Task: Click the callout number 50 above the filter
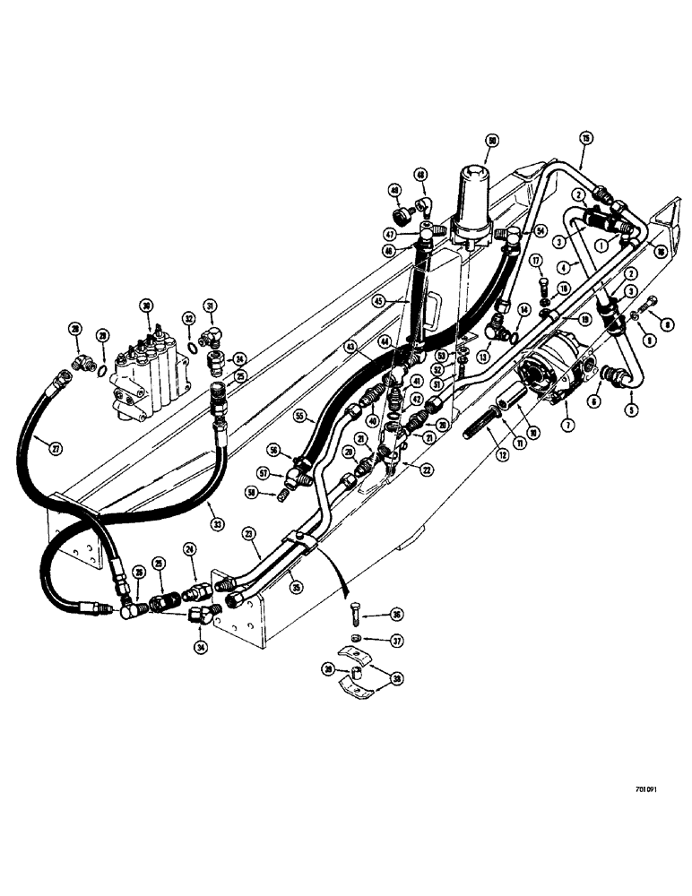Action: pyautogui.click(x=491, y=140)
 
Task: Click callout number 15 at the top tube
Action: pyautogui.click(x=585, y=139)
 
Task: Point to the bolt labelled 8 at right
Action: pyautogui.click(x=652, y=301)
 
